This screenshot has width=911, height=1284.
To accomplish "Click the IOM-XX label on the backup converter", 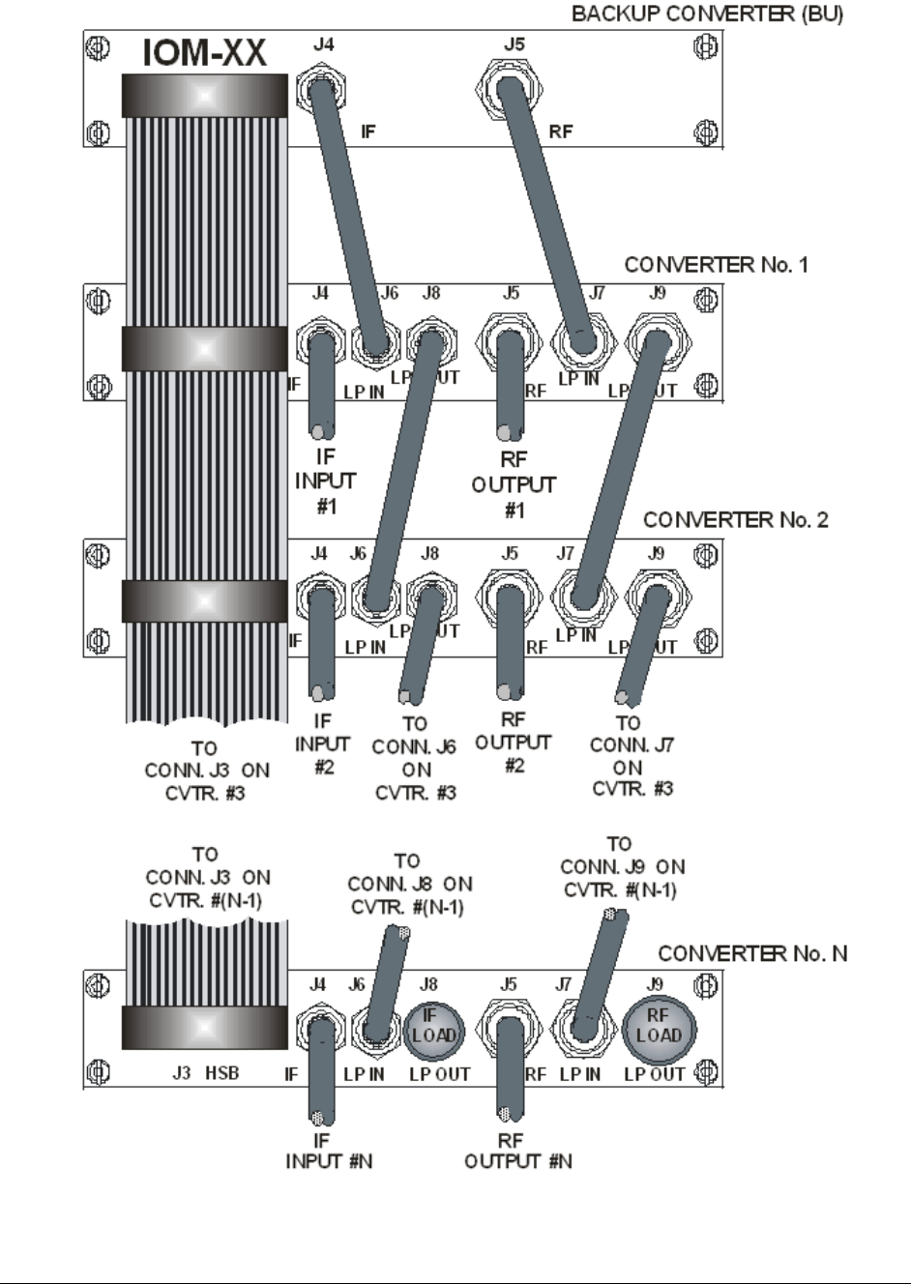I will point(204,53).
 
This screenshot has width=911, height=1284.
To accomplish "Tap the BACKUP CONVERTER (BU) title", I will point(707,15).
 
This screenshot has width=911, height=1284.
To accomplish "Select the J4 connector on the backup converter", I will point(324,90).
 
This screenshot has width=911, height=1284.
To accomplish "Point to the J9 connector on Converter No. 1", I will point(657,343).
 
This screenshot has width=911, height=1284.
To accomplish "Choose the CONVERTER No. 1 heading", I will point(716,264).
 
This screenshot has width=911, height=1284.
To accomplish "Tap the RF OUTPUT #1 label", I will point(514,484).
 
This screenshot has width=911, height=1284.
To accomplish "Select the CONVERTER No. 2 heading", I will point(735,519).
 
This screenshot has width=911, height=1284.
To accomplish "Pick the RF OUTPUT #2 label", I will point(513,743).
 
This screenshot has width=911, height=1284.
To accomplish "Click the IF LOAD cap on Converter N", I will point(433,1027).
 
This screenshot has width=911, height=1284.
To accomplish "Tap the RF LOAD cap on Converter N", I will point(658,1026).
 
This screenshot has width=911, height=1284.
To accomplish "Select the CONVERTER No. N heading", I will point(752,953).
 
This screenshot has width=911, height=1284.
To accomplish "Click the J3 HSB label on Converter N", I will point(205,1073).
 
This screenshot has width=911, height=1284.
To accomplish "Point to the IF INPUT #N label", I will point(328,1152).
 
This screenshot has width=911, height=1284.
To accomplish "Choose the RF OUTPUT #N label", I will point(517,1152).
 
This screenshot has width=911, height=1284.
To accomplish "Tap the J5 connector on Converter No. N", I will point(509,1027).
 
